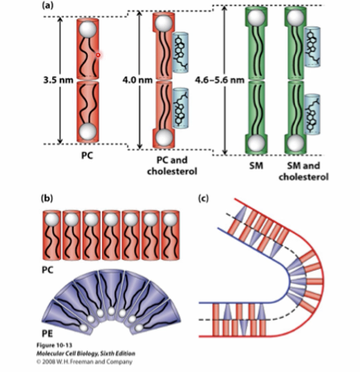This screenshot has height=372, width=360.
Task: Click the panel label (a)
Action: pos(47,7)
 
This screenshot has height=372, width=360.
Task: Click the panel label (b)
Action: pos(47,198)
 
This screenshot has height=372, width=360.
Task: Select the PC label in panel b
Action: pos(49,272)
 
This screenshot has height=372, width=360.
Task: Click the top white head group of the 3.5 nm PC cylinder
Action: pos(90,27)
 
